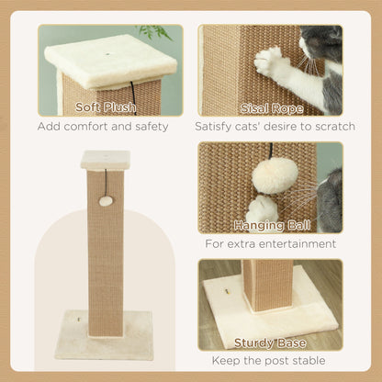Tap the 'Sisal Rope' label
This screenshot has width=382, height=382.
click(271, 107)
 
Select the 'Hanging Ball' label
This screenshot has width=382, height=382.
click(271, 225)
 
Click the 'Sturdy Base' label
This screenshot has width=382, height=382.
click(271, 343)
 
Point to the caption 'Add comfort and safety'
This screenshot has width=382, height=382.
click(103, 126)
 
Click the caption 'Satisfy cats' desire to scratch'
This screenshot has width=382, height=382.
click(270, 126)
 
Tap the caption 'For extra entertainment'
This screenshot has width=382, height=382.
click(271, 243)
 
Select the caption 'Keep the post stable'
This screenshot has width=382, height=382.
click(271, 360)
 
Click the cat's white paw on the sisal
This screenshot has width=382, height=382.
click(272, 62)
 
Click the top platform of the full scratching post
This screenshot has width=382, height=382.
click(105, 160)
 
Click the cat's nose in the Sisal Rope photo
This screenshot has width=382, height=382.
click(307, 45)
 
